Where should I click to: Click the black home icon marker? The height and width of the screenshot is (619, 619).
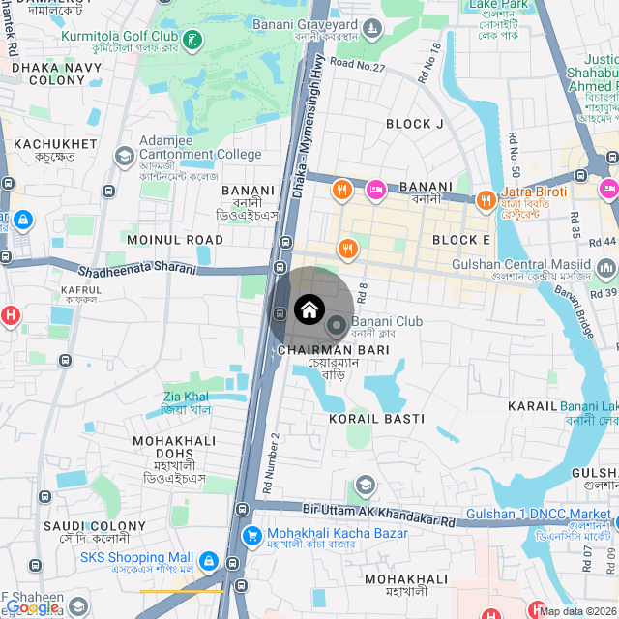pyautogui.click(x=309, y=309)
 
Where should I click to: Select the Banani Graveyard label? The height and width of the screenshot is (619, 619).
pyautogui.click(x=306, y=22)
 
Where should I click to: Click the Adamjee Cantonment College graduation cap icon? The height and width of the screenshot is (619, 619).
pyautogui.click(x=124, y=155)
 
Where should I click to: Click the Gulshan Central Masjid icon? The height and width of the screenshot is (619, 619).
pyautogui.click(x=605, y=267)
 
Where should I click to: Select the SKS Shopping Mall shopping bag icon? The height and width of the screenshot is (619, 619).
pyautogui.click(x=208, y=560)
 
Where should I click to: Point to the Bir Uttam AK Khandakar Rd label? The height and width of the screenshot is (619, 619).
pyautogui.click(x=378, y=513)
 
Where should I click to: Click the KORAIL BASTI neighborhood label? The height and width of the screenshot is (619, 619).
pyautogui.click(x=376, y=419)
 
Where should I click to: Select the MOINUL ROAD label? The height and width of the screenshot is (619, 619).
pyautogui.click(x=175, y=239)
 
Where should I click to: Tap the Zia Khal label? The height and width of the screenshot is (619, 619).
pyautogui.click(x=186, y=397)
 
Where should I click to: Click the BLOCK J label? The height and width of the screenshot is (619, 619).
pyautogui.click(x=414, y=124)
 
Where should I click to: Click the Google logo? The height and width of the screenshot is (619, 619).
pyautogui.click(x=32, y=607)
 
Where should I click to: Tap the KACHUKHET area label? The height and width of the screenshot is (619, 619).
pyautogui.click(x=55, y=144)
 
